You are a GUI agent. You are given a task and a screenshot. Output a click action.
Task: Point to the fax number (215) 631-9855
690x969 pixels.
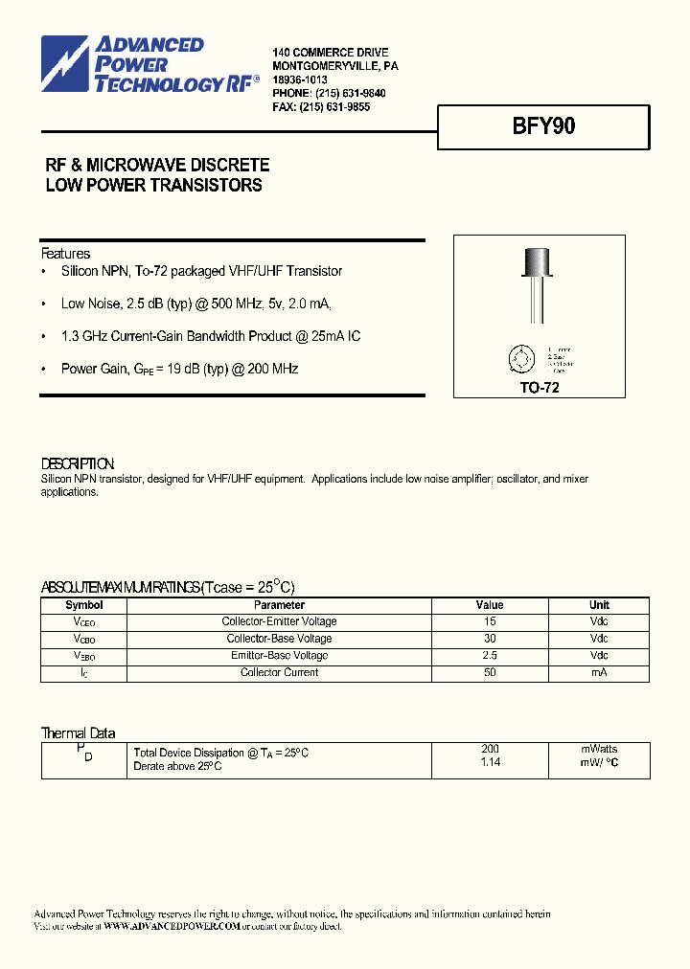334,107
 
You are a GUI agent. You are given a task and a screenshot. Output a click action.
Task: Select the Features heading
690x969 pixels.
65,254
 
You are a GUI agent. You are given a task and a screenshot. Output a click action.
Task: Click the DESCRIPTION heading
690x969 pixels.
78,463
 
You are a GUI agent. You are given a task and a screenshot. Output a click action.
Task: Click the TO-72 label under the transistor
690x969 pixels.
539,388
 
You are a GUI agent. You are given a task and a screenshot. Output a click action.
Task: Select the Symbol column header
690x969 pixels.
84,605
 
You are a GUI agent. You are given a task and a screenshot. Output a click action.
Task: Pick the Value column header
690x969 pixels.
490,605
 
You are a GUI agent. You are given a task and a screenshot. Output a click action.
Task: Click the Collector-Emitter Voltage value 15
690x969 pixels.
490,621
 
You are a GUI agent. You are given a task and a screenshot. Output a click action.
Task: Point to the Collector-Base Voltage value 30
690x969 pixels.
490,639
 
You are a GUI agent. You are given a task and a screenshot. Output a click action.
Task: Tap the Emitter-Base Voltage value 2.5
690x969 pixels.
490,656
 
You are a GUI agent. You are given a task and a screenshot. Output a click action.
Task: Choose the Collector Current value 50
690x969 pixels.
490,673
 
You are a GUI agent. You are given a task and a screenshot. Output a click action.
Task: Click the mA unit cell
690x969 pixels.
599,673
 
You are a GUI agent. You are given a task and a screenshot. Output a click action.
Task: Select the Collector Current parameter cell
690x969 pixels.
279,673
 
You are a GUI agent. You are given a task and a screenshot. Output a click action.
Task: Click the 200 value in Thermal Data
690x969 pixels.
490,749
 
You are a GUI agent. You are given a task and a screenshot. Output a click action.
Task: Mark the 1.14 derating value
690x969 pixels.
490,762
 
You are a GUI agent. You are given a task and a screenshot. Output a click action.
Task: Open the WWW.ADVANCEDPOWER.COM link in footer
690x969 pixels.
171,927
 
